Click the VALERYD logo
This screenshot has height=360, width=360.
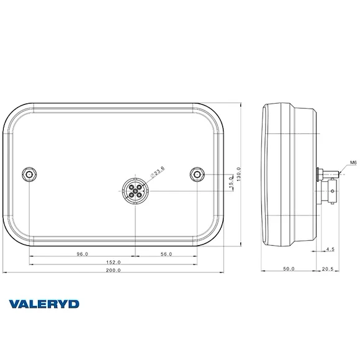tap(44, 304)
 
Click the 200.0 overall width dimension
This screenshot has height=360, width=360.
tap(113, 270)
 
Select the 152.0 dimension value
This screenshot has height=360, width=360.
tap(113, 262)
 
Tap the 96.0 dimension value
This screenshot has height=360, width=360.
tap(82, 254)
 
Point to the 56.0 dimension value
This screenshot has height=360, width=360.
tap(166, 254)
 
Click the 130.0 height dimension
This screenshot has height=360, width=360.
tap(238, 174)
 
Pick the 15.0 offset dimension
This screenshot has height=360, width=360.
tap(231, 181)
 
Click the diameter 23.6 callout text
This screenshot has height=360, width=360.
tap(158, 172)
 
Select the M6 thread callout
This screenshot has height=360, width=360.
tap(353, 163)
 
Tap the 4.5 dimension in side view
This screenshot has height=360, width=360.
tap(330, 249)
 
